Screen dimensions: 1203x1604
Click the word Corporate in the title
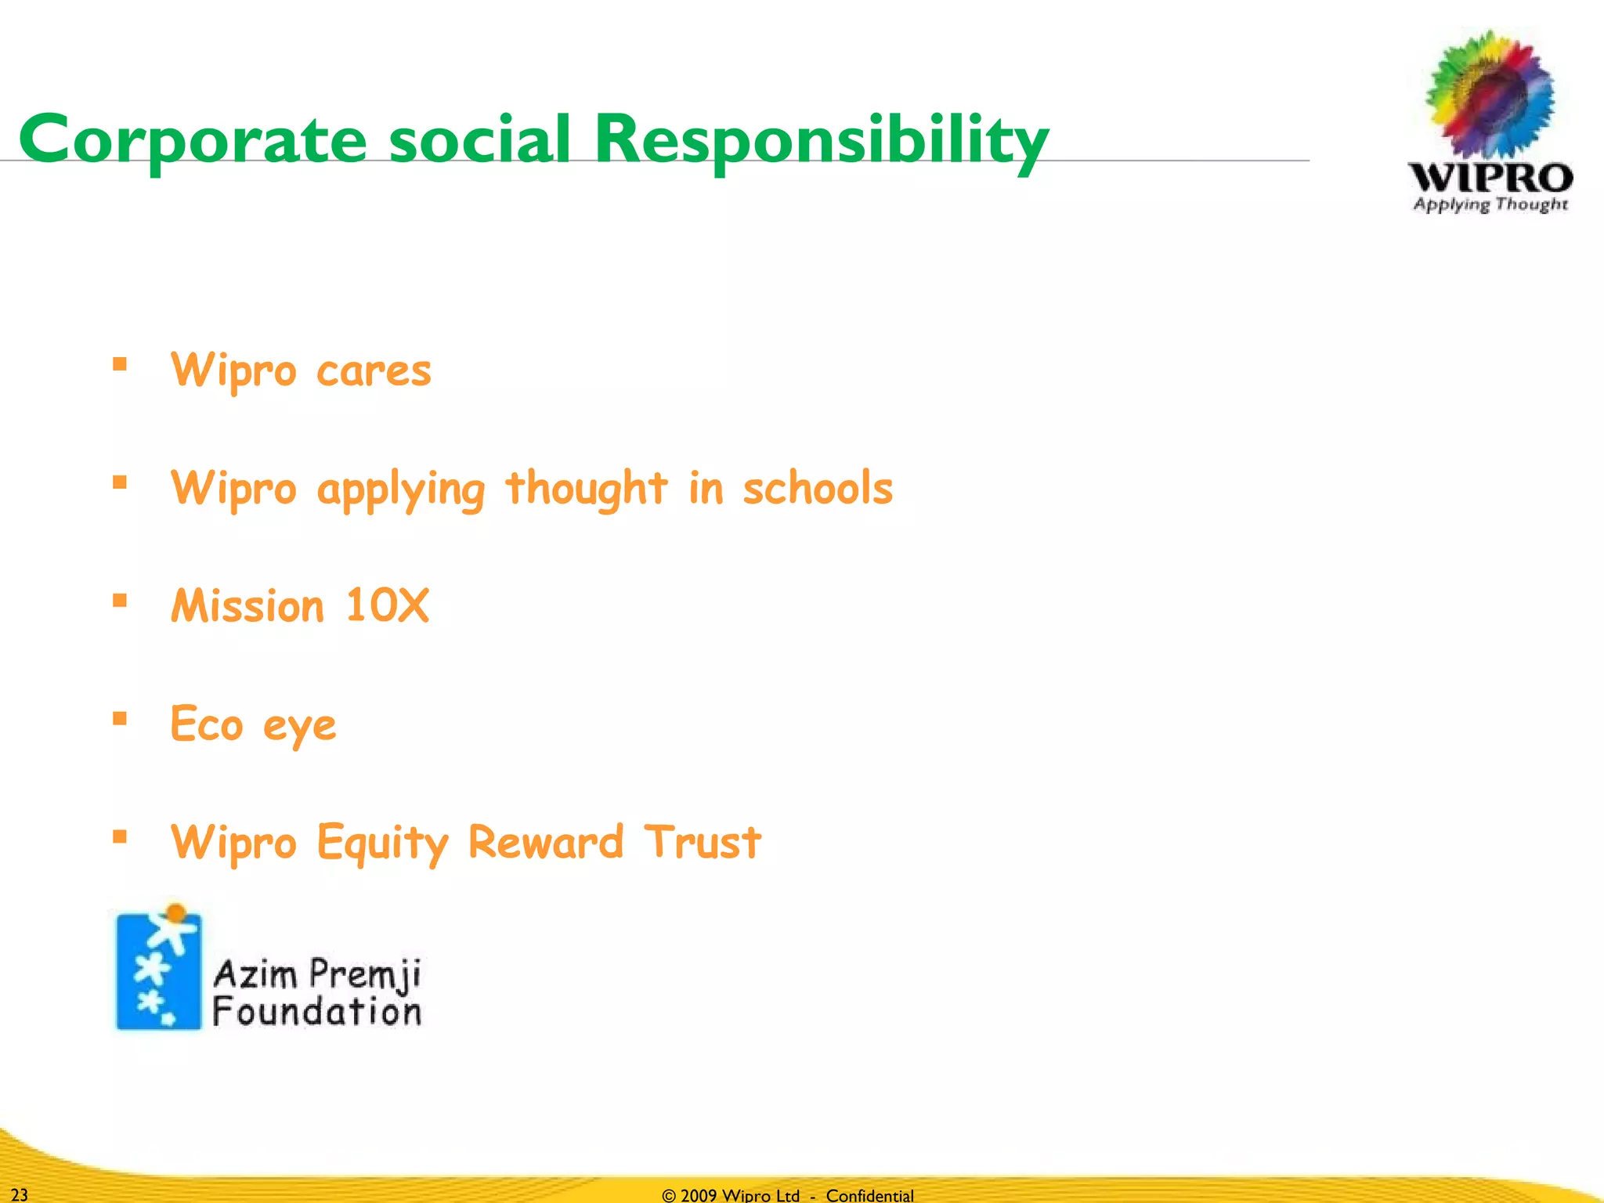[193, 139]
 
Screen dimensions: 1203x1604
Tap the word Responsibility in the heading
[820, 139]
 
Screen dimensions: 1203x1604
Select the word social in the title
[479, 139]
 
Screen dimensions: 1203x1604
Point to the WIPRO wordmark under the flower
[1490, 178]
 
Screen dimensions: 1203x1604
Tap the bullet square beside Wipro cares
[120, 363]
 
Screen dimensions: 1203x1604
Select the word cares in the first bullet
[374, 370]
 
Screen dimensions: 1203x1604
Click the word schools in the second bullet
[818, 488]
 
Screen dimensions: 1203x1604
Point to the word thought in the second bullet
[587, 488]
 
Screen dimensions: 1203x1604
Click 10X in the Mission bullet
[387, 605]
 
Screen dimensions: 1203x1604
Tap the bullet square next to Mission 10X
[120, 601]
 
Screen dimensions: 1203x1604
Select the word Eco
[207, 724]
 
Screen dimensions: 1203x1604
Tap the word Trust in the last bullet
[702, 842]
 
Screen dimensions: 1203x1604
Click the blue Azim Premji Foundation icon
[159, 970]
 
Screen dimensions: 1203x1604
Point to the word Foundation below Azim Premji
[316, 1011]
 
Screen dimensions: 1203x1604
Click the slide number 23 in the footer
[20, 1194]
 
